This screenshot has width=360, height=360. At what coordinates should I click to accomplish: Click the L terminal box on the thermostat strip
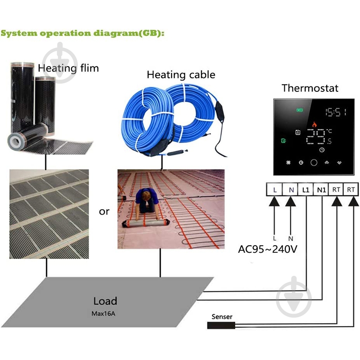[x=274, y=190]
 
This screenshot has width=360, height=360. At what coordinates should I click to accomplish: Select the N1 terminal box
[x=321, y=190]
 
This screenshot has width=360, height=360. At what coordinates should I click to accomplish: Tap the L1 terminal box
[x=306, y=190]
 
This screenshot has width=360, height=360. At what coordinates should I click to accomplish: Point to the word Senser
[x=222, y=316]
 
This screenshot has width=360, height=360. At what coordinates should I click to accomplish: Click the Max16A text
[x=105, y=310]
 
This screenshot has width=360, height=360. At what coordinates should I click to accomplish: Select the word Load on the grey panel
[x=105, y=301]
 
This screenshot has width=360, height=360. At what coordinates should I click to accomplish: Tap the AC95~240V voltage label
[x=267, y=249]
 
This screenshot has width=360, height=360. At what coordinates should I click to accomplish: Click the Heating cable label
[x=181, y=75]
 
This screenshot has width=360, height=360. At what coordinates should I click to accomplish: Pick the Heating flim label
[x=68, y=68]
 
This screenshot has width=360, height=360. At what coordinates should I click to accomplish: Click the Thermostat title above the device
[x=310, y=88]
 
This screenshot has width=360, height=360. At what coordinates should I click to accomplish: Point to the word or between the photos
[x=104, y=211]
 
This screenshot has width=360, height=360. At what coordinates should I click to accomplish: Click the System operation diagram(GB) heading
[x=82, y=33]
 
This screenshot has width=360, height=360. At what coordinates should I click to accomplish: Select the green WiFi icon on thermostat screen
[x=299, y=110]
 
